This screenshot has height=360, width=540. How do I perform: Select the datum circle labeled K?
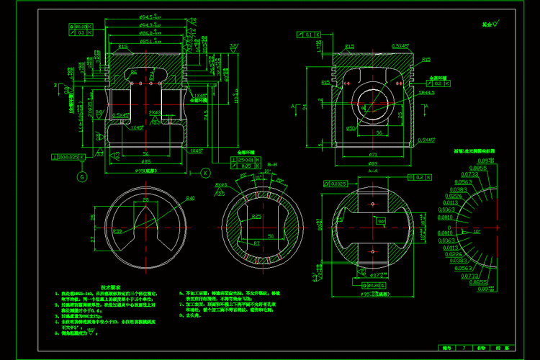(205, 173)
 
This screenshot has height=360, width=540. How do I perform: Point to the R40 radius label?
(190, 198)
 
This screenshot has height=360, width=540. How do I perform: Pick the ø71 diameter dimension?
(373, 155)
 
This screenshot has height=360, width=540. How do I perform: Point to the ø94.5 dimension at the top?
(148, 16)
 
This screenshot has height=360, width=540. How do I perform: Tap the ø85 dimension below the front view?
(145, 161)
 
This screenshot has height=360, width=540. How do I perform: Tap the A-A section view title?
(373, 172)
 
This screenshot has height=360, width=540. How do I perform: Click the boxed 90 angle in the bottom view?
(382, 222)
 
